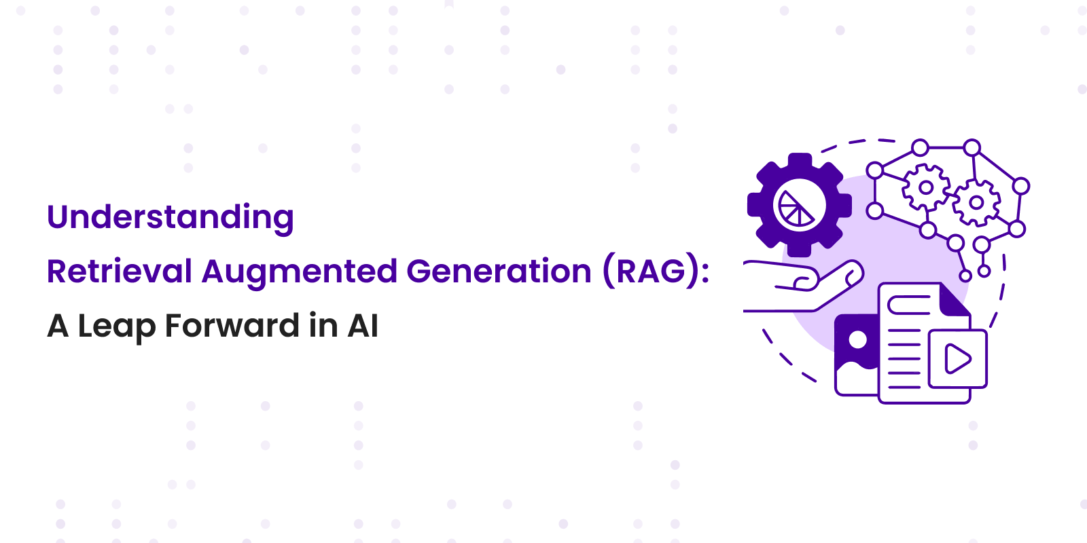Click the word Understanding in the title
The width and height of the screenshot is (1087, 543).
[171, 218]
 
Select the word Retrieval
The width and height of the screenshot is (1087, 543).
[120, 271]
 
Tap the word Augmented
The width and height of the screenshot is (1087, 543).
[300, 272]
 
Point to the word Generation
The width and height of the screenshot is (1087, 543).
[499, 271]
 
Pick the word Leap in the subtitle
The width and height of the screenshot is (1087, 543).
[117, 326]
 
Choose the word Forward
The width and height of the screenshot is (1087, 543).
[232, 325]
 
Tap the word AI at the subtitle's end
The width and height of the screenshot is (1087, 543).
[363, 325]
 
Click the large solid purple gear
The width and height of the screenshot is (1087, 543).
[799, 204]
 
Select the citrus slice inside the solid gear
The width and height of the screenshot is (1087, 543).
[795, 210]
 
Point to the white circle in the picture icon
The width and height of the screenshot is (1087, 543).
[857, 340]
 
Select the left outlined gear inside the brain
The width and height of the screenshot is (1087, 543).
[926, 187]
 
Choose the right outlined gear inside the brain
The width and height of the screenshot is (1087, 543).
[976, 203]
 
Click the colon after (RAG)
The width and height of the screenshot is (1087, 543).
[705, 272]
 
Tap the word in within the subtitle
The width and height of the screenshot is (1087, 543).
[323, 325]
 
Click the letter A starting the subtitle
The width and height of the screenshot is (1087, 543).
[58, 325]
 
